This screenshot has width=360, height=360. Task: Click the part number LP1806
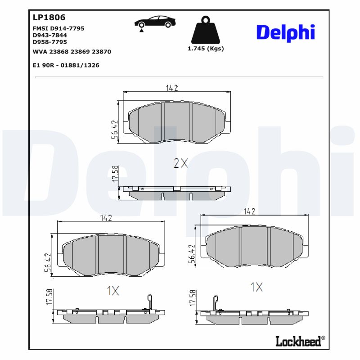click(x=49, y=18)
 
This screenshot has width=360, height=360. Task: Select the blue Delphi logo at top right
click(x=285, y=32)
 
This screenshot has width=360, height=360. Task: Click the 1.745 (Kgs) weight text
click(x=205, y=49)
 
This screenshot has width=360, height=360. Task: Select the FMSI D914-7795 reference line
click(x=58, y=28)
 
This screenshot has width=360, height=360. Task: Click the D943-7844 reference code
click(x=50, y=35)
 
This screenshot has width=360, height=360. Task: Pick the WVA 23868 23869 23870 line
click(x=72, y=52)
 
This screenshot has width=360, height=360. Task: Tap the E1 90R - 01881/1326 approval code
click(x=66, y=65)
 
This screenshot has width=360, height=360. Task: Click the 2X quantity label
click(x=180, y=163)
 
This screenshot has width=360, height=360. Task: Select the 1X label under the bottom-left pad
click(x=112, y=291)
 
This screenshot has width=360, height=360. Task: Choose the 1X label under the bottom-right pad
click(x=256, y=287)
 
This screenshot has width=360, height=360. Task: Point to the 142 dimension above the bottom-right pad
click(x=249, y=211)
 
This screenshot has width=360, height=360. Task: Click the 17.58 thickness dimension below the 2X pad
click(x=115, y=174)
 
